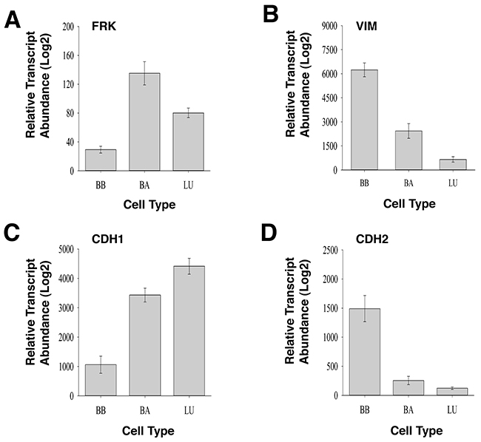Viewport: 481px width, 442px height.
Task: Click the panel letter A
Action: [13, 20]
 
